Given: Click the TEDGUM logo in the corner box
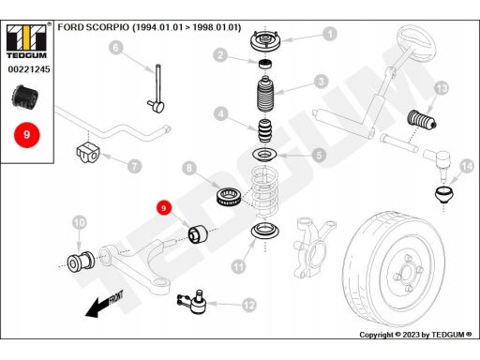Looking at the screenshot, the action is (x=27, y=40).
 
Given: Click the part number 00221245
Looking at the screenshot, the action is (x=29, y=69).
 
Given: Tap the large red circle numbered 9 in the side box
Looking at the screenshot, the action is (x=27, y=135).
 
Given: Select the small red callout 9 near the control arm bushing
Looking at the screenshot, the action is (x=164, y=208).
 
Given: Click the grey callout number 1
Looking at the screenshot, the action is (x=330, y=34).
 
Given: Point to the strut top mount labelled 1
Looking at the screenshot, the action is (x=265, y=41).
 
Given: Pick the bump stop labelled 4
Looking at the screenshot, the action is (x=265, y=130).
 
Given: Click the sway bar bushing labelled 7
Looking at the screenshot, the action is (x=88, y=152).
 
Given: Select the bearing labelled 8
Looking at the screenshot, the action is (x=229, y=197).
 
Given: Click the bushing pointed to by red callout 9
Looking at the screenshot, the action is (x=198, y=234).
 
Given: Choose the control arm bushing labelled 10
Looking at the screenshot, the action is (x=81, y=261).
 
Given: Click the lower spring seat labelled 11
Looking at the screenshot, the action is (x=265, y=231).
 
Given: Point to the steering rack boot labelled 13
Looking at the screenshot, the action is (x=422, y=120).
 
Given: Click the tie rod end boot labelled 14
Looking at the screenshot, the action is (x=444, y=194).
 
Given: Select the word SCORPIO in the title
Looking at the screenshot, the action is (x=107, y=27).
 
